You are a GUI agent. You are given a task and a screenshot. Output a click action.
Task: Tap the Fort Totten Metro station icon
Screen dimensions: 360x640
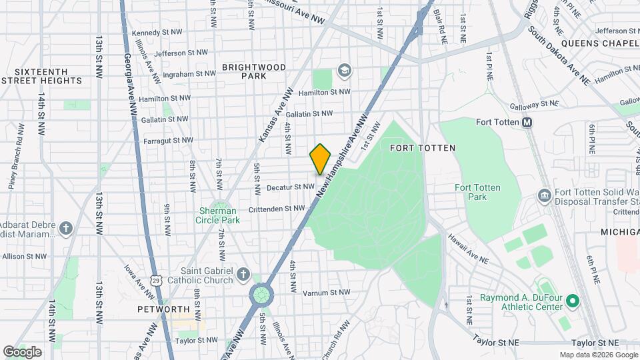pyautogui.click(x=527, y=122)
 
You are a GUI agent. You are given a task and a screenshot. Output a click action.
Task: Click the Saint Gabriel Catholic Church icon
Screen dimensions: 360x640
pyautogui.click(x=243, y=275)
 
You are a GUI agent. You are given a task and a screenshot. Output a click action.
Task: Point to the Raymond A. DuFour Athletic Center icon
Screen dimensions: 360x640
pyautogui.click(x=571, y=302)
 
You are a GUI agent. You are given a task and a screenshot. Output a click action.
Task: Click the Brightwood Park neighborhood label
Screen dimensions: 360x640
pyautogui.click(x=253, y=71)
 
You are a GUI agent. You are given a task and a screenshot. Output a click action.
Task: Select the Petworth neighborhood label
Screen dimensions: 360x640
pyautogui.click(x=164, y=309)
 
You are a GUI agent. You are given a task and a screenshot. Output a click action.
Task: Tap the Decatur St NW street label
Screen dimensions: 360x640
pyautogui.click(x=290, y=188)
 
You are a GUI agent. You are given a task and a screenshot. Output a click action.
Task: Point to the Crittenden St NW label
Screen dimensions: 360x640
pyautogui.click(x=276, y=208)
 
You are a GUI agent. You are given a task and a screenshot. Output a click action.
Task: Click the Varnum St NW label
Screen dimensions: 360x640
pyautogui.click(x=327, y=292)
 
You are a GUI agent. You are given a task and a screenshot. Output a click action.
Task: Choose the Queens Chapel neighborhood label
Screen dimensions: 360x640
pyautogui.click(x=599, y=43)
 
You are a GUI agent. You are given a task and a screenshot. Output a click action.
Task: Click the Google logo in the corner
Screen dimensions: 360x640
pyautogui.click(x=22, y=351)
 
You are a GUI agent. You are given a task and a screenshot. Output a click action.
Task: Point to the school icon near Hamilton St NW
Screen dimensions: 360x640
pyautogui.click(x=344, y=70)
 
